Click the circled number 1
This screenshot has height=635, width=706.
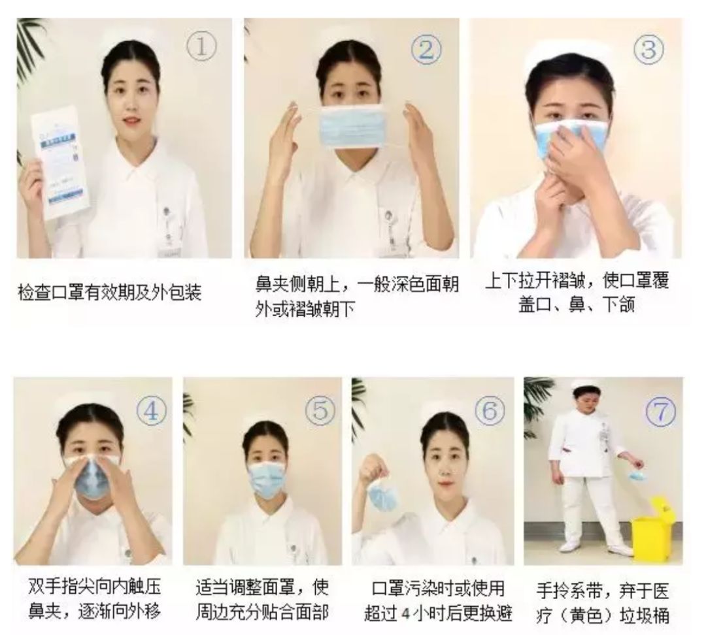(201, 47)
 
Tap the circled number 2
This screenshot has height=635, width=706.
(426, 50)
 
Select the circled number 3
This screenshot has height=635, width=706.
(648, 49)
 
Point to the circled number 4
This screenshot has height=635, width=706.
(151, 410)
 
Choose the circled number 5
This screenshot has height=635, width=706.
(320, 410)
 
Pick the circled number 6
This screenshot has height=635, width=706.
(490, 410)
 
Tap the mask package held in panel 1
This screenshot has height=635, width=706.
(60, 162)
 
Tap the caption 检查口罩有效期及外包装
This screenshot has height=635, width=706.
(109, 293)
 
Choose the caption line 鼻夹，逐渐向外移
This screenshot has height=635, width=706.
(94, 613)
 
